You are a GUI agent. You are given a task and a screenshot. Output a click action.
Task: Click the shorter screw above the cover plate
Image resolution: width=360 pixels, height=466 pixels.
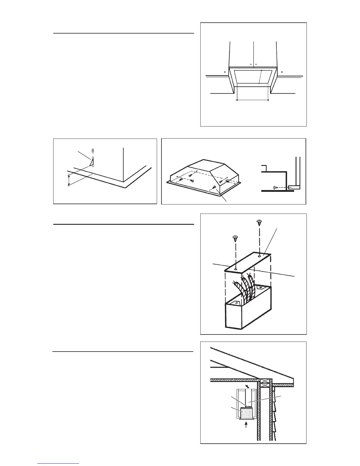click(235, 238)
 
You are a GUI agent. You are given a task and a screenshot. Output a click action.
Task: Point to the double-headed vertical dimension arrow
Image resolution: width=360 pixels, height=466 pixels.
click(69, 180)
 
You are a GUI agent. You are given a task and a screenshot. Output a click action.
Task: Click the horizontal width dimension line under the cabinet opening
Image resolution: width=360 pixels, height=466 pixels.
click(253, 100)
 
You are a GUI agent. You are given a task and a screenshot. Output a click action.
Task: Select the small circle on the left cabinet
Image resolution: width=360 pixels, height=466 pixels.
click(225, 71)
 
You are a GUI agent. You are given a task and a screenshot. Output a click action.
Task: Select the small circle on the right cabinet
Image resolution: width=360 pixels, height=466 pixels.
click(282, 71)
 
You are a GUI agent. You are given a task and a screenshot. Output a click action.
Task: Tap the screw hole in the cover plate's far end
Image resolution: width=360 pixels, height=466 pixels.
click(259, 256)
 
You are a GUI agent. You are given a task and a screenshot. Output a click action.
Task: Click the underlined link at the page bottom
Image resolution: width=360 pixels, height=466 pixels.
click(58, 464)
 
